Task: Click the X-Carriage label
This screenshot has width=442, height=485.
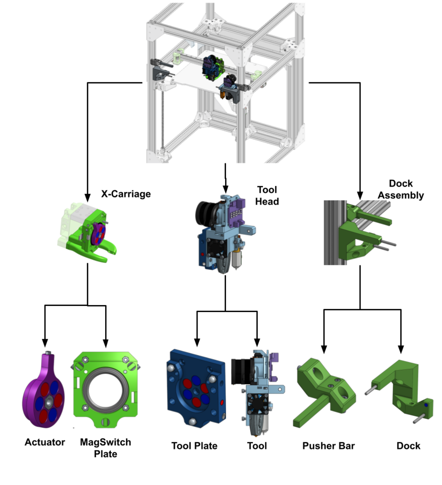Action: click(x=126, y=194)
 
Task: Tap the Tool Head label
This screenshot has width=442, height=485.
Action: click(x=267, y=196)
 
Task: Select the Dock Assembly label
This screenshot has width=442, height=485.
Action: click(x=401, y=189)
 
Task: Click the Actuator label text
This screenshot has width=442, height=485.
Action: click(x=45, y=442)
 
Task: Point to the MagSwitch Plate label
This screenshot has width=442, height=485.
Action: click(x=106, y=448)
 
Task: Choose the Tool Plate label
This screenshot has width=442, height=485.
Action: click(x=194, y=446)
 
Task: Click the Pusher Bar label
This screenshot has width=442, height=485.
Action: click(x=328, y=446)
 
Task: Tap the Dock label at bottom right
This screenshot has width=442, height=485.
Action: click(x=408, y=446)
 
